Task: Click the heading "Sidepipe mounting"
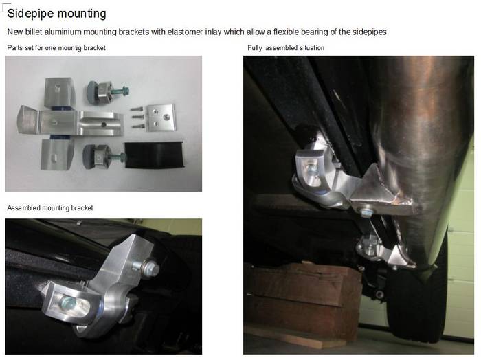click(57, 14)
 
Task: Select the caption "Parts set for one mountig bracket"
click(56, 48)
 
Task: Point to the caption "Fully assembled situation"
click(286, 48)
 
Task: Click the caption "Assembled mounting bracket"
click(50, 208)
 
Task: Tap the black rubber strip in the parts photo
click(154, 155)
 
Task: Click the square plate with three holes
click(161, 117)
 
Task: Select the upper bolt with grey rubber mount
click(108, 91)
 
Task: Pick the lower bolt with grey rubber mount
click(104, 157)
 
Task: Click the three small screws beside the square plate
click(137, 117)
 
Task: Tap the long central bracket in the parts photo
click(71, 120)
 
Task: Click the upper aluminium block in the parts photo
click(60, 92)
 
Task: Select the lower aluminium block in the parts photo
click(57, 155)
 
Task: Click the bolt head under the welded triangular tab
click(365, 212)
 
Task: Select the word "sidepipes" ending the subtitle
click(370, 32)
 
